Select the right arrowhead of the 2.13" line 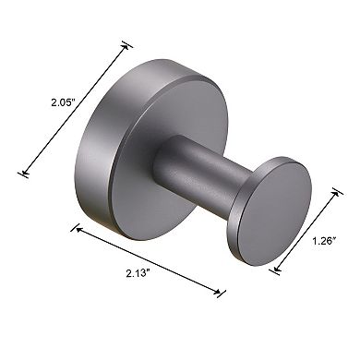(222, 294)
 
